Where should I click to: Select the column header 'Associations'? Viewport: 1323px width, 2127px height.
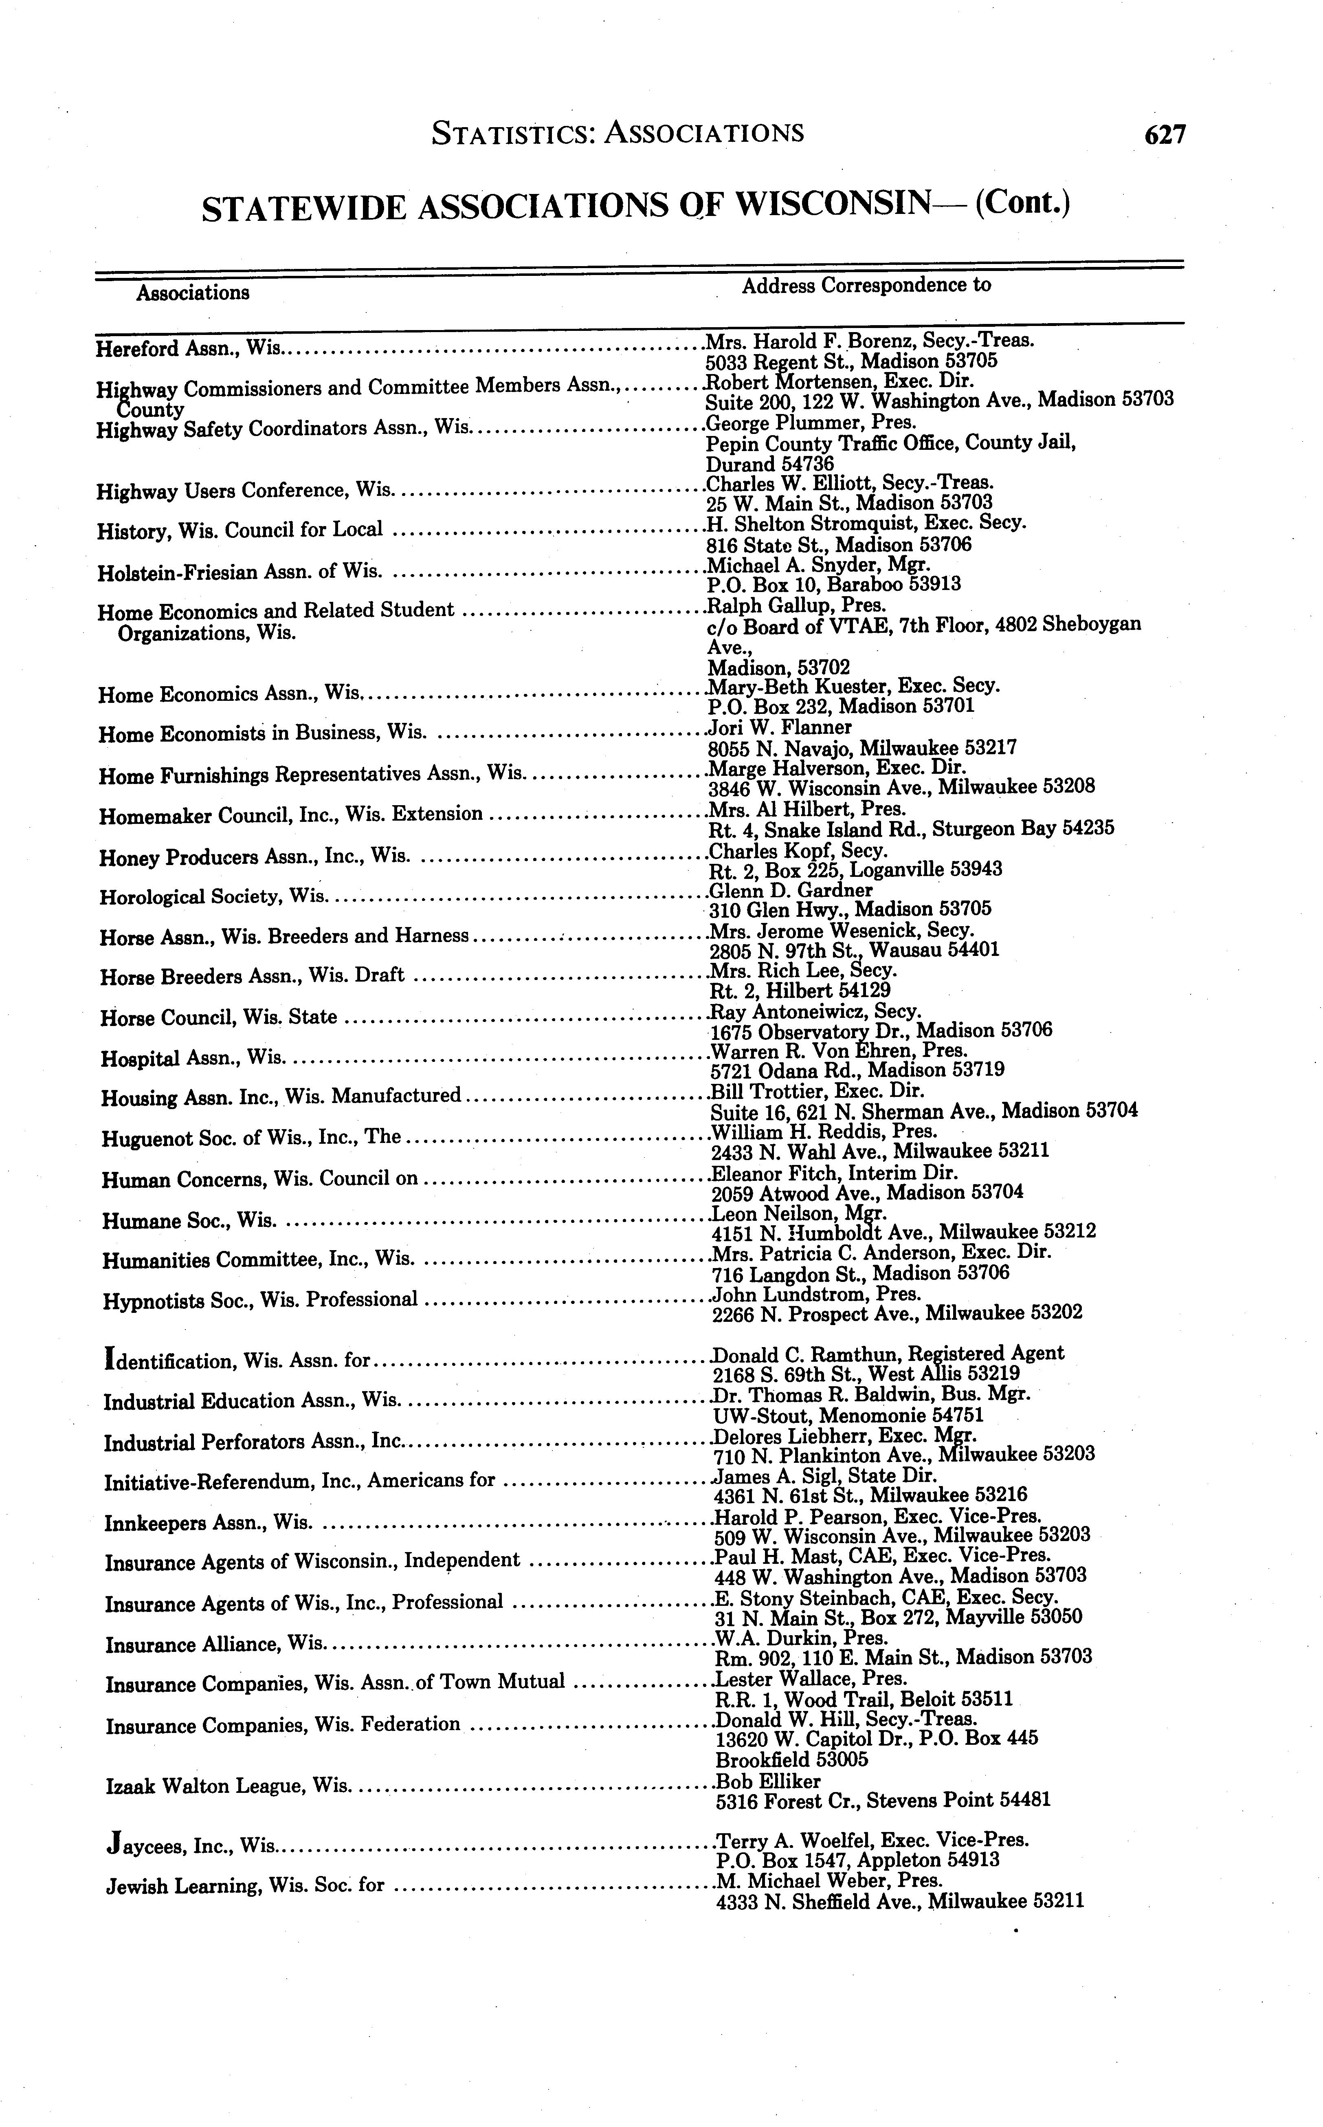[193, 292]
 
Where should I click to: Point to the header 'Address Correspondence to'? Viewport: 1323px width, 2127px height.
[866, 285]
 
